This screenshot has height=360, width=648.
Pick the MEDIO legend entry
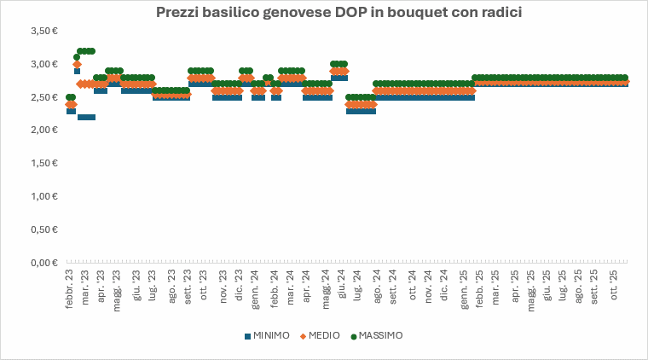[x=321, y=336]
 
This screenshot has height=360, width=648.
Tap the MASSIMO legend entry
[x=377, y=336]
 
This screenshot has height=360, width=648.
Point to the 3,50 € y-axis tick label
[x=43, y=31]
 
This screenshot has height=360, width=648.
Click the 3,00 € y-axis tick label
[x=43, y=64]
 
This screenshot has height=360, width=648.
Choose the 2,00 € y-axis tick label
[x=43, y=131]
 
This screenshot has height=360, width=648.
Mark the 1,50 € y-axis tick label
[x=43, y=164]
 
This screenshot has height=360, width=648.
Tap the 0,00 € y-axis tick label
[x=43, y=264]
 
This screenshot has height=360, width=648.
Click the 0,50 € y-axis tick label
[x=43, y=230]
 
